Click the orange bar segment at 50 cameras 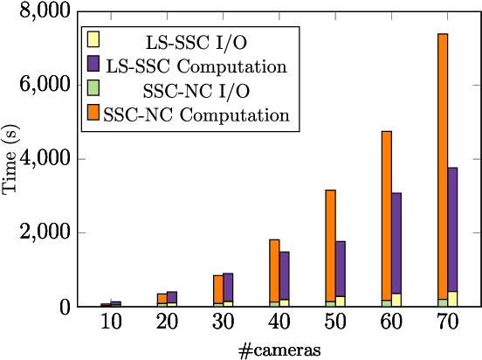click(x=330, y=245)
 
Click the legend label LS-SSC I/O click(x=188, y=40)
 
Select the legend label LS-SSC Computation click(x=196, y=65)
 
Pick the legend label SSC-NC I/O click(x=188, y=89)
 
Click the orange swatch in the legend click(x=93, y=112)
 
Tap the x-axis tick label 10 click(x=111, y=324)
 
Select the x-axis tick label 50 click(x=334, y=324)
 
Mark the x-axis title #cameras click(x=279, y=350)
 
